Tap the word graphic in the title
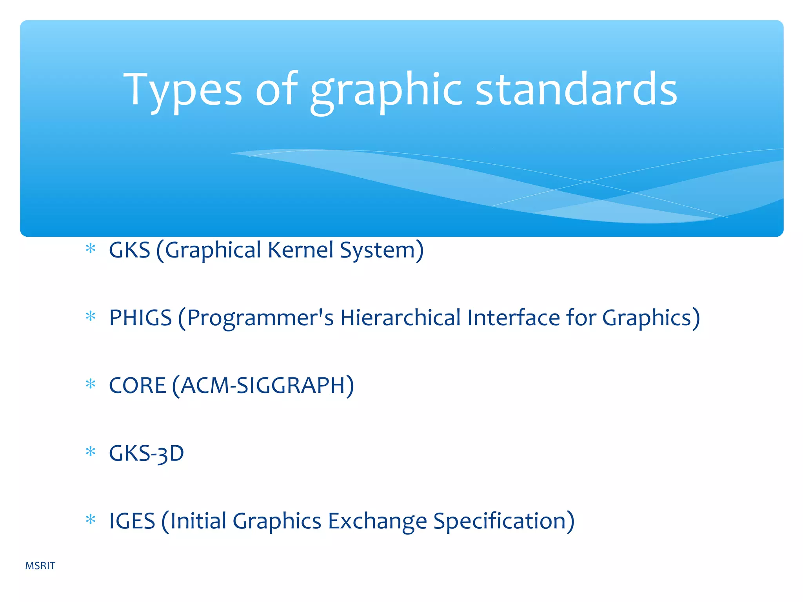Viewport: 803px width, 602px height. (386, 91)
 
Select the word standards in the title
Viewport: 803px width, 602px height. (576, 90)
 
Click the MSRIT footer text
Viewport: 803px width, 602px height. (40, 566)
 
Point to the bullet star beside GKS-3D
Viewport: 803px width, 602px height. (91, 452)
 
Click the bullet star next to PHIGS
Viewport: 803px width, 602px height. (91, 316)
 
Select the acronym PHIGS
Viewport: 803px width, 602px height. (140, 318)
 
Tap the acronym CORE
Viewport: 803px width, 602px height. (137, 386)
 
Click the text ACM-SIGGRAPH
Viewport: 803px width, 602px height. (263, 386)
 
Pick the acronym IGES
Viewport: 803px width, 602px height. (132, 521)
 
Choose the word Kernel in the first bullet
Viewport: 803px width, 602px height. (300, 250)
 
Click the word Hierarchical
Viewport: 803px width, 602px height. (400, 318)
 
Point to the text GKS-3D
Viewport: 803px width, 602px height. (146, 454)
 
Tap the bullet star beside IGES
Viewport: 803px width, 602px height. (91, 520)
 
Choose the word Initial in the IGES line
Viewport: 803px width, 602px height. (198, 521)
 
